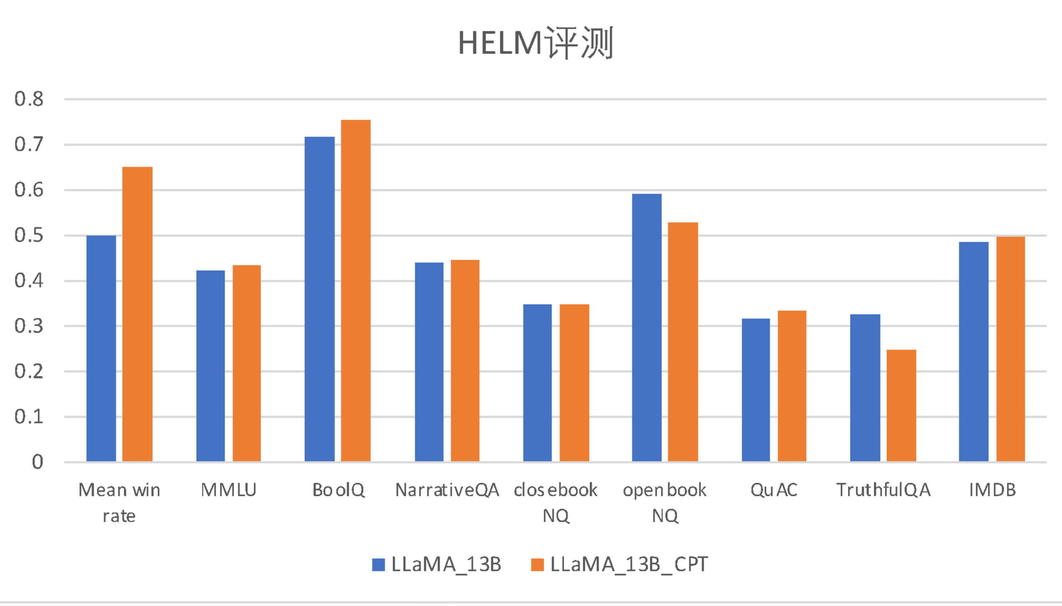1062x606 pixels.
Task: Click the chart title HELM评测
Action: point(536,43)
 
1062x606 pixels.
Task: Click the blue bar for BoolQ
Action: point(319,299)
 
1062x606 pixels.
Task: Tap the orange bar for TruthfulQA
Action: point(901,405)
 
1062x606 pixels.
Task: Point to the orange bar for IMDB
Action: point(1010,349)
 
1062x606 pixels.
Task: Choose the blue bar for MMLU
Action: point(210,366)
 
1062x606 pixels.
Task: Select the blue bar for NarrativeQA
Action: point(429,362)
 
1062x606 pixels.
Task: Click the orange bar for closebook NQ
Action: point(574,382)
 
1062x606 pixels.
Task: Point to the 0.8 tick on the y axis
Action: point(29,99)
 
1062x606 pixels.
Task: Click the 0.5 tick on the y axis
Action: point(29,235)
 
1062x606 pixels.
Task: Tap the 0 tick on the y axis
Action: point(38,462)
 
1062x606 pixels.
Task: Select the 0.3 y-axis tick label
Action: point(29,326)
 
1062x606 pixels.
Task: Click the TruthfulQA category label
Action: point(883,490)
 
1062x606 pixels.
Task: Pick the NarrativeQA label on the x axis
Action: point(447,490)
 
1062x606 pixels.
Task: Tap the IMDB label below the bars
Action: point(992,490)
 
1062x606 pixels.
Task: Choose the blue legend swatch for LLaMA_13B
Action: point(378,565)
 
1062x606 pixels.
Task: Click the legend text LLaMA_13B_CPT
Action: point(629,565)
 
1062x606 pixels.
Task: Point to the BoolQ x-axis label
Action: point(338,490)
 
